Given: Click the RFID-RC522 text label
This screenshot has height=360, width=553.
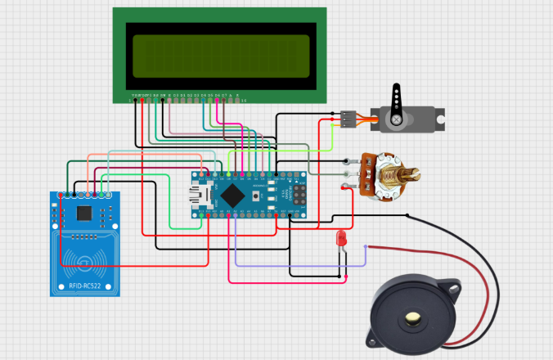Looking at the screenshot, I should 85,286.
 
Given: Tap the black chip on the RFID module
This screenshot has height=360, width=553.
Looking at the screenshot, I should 84,213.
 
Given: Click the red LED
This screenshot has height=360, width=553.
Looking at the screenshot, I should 340,238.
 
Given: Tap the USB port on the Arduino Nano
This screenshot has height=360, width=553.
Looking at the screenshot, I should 197,196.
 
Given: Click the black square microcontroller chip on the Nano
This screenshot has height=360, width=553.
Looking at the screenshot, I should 234,196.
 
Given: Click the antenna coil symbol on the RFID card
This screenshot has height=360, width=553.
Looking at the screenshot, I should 85,261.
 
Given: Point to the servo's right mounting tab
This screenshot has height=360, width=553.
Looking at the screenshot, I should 439,119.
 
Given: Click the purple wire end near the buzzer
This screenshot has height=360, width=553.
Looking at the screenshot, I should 365,246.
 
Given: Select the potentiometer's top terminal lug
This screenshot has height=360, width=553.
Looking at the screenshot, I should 352,160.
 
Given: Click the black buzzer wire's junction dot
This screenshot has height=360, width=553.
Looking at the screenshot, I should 407,215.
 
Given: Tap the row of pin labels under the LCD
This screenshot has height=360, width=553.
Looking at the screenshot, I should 188,97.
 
